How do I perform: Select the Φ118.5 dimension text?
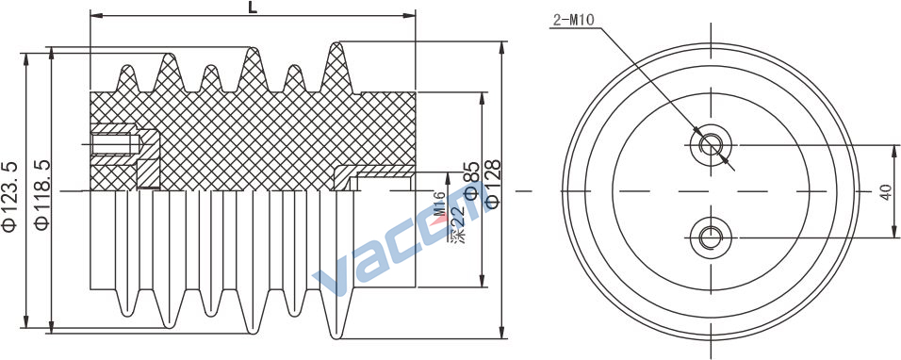[x=42, y=195]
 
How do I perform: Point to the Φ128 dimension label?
[x=493, y=183]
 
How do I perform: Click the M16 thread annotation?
[x=440, y=205]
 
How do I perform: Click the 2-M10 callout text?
[x=573, y=21]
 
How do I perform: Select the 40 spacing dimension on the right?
[x=887, y=191]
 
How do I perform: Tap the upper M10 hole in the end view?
[x=711, y=144]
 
